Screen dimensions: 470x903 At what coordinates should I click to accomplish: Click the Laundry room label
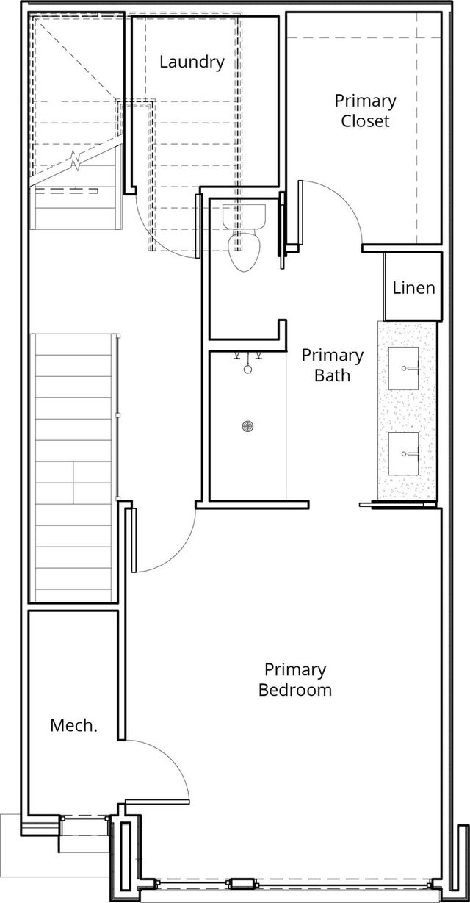pyautogui.click(x=192, y=62)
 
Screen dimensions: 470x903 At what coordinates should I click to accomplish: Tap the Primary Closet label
pyautogui.click(x=365, y=111)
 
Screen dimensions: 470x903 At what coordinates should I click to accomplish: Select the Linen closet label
pyautogui.click(x=414, y=288)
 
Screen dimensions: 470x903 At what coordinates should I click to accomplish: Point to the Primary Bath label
pyautogui.click(x=333, y=365)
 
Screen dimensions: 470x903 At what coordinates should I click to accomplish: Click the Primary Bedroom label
pyautogui.click(x=295, y=680)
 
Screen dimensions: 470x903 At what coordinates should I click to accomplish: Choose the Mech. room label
pyautogui.click(x=73, y=726)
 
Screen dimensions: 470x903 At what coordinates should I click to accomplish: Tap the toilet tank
pyautogui.click(x=244, y=217)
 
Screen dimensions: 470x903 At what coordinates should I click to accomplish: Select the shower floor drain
pyautogui.click(x=248, y=426)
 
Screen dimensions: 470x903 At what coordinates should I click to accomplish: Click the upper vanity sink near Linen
pyautogui.click(x=403, y=368)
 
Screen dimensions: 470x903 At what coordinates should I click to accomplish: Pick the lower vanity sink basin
pyautogui.click(x=403, y=453)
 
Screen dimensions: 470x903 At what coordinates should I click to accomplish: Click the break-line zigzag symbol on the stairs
pyautogui.click(x=76, y=159)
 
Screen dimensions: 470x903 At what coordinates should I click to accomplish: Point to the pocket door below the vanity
pyautogui.click(x=398, y=504)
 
